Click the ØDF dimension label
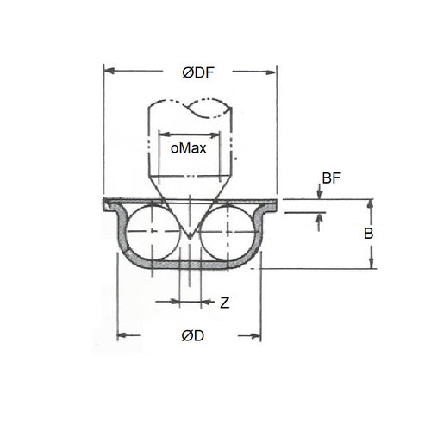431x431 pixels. pos(197,74)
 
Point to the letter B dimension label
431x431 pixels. pos(365,234)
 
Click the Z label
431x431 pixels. pos(224,303)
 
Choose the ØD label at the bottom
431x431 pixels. pos(193,336)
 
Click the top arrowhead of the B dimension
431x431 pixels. pos(372,203)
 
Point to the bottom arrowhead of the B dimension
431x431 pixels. pos(372,265)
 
